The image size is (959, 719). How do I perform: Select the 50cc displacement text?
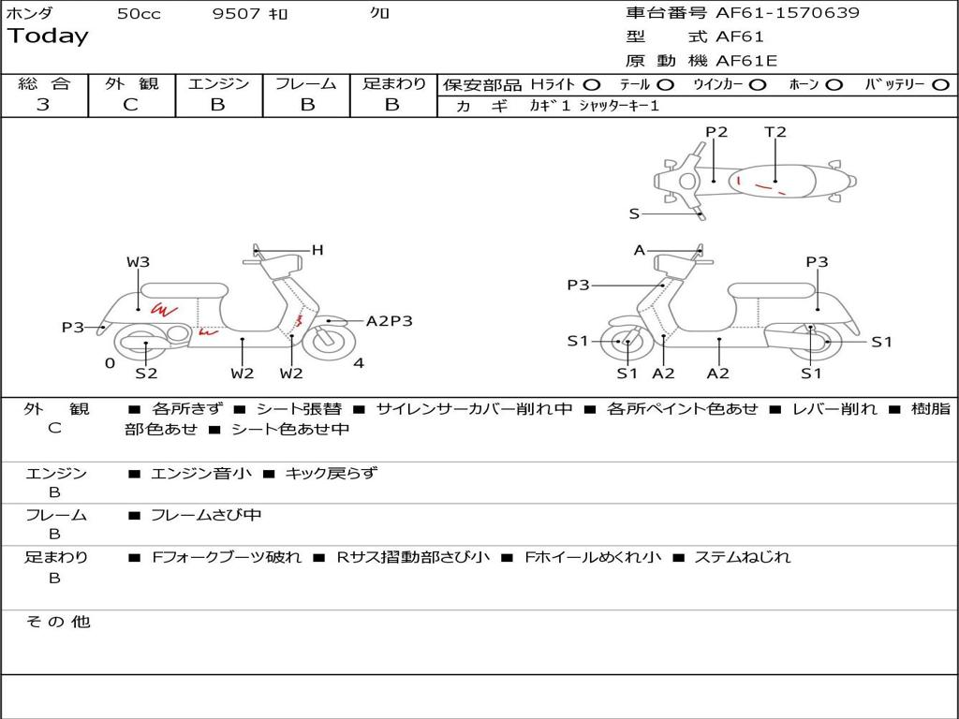point(138,14)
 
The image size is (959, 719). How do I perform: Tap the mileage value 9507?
point(236,14)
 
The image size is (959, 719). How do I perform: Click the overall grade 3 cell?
point(43,105)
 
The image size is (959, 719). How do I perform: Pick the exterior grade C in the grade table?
point(130,105)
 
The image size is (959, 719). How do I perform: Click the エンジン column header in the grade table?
point(218,83)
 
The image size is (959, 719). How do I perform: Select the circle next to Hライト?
point(592,84)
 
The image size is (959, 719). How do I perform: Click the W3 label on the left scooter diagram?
point(138,262)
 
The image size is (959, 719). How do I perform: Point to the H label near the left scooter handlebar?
point(317,250)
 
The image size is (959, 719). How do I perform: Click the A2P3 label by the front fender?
point(389,321)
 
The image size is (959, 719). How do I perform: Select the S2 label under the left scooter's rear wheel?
point(146,374)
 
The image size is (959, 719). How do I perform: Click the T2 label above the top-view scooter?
point(775,132)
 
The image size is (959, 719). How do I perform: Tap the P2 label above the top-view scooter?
point(716,132)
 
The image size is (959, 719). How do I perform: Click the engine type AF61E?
point(746,61)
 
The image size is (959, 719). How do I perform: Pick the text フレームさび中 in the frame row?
point(206,515)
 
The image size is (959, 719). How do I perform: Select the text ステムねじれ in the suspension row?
point(742,557)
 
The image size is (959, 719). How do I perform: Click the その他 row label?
point(58,622)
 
